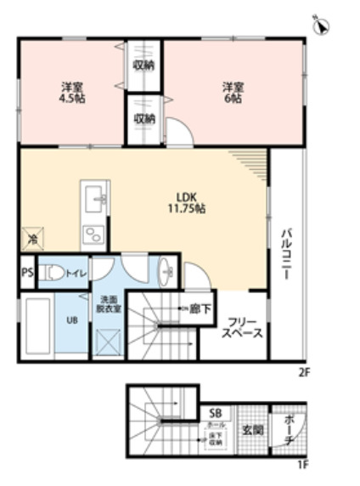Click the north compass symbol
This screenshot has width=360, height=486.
323,25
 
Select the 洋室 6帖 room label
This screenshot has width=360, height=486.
233,91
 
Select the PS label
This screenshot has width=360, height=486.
26,274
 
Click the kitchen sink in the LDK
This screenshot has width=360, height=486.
93,198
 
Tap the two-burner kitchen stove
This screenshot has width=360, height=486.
91,234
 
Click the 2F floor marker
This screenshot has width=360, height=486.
305,371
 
